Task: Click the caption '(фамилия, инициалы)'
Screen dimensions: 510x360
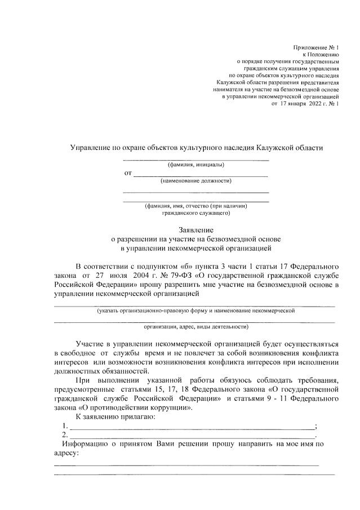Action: click(x=195, y=165)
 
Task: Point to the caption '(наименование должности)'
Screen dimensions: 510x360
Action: click(x=195, y=181)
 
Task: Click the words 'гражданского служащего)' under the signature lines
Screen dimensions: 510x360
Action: click(x=195, y=214)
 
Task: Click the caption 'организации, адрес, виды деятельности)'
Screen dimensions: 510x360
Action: click(x=195, y=326)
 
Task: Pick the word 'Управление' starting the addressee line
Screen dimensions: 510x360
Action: click(x=88, y=148)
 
